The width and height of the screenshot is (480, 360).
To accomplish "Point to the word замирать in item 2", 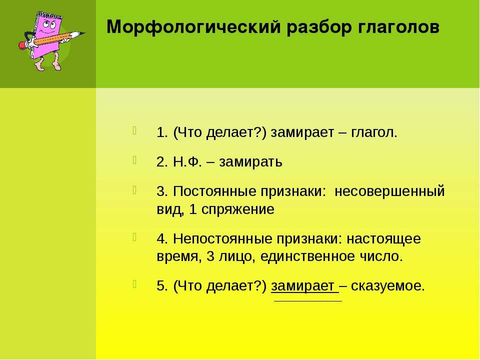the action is [x=250, y=162].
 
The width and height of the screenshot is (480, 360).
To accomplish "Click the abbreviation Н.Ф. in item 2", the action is [x=187, y=162].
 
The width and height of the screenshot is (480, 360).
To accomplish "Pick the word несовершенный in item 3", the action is [x=389, y=191].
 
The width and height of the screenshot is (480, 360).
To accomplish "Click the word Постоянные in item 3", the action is [x=214, y=191].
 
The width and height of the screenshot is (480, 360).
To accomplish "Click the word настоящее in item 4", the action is [x=383, y=239].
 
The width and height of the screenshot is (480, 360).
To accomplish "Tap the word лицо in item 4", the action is [x=237, y=256].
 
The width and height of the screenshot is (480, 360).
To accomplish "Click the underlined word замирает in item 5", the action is [x=303, y=286].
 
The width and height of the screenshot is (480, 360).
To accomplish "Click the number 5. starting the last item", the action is [x=162, y=286].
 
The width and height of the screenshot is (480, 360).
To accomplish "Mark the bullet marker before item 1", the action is [x=134, y=130].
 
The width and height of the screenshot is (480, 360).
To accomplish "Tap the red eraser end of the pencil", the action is [x=22, y=45].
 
